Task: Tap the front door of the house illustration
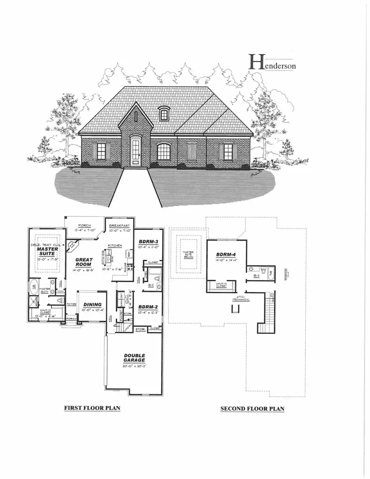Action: [x=135, y=153]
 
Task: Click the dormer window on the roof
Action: [x=164, y=114]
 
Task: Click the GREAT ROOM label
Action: [x=83, y=262]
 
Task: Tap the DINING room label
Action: [x=92, y=305]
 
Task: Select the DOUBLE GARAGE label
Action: [x=134, y=358]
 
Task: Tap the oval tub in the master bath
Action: [x=33, y=287]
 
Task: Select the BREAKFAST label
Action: [x=120, y=226]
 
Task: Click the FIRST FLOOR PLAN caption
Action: [x=92, y=408]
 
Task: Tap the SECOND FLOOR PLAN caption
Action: [x=252, y=409]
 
